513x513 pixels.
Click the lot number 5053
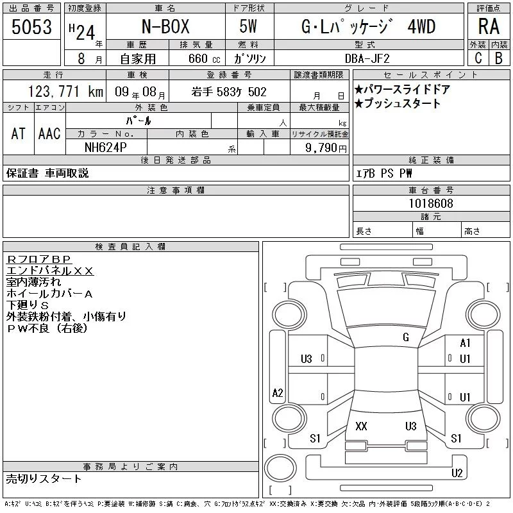click(x=31, y=27)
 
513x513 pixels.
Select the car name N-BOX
click(x=165, y=26)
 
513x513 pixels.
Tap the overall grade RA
click(x=489, y=26)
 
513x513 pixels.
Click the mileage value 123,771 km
click(x=65, y=92)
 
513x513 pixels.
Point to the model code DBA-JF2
click(x=367, y=58)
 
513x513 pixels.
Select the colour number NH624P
click(x=106, y=147)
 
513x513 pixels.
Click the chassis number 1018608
click(x=431, y=203)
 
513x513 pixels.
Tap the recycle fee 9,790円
click(x=326, y=148)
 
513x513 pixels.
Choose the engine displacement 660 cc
click(x=204, y=58)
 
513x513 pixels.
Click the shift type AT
click(x=19, y=133)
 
